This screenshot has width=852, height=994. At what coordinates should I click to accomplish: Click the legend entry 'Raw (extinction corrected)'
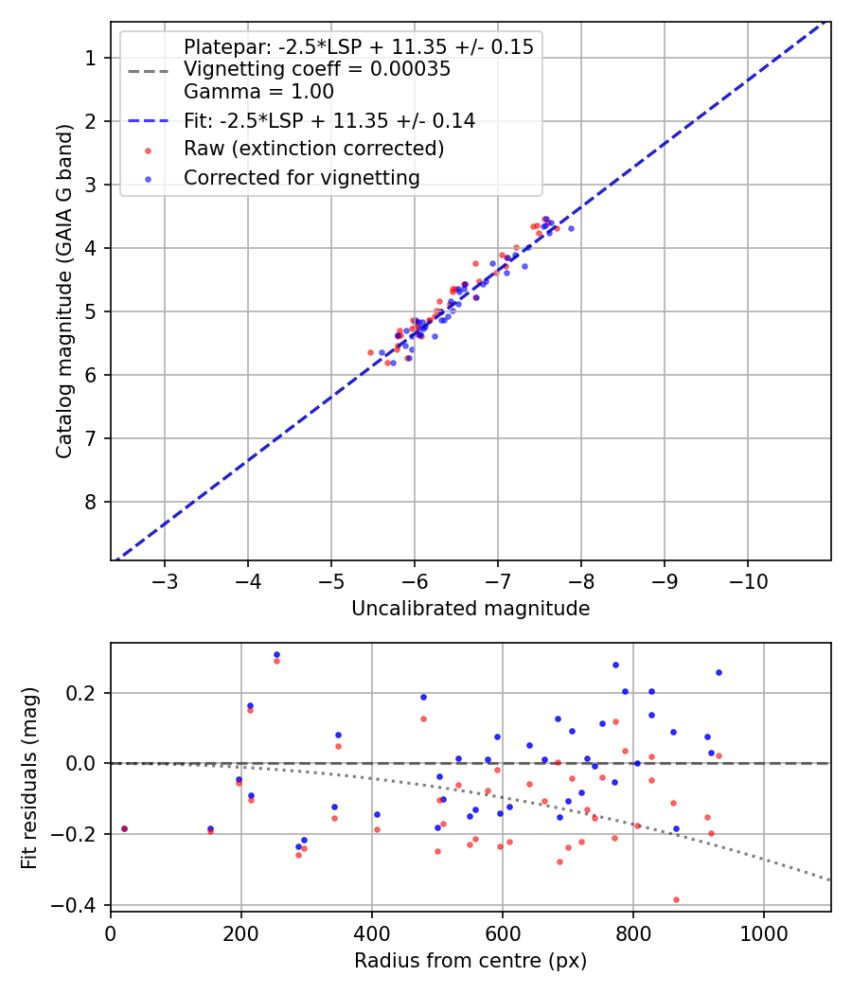[x=313, y=149]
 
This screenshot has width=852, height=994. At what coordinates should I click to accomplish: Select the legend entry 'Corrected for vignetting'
[x=301, y=177]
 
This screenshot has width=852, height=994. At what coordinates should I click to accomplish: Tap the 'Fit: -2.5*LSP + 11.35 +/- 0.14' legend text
[x=328, y=120]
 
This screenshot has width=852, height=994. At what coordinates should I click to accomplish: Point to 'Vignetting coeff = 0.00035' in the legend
[x=316, y=69]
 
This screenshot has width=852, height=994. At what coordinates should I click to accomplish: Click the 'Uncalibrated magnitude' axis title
[x=470, y=609]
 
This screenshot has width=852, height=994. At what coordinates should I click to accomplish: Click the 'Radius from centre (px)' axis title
[x=470, y=961]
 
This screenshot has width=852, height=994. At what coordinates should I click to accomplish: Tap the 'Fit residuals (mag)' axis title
[x=28, y=777]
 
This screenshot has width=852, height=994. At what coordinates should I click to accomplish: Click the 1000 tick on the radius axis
[x=764, y=932]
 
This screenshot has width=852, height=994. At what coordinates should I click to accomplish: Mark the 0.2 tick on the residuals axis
[x=87, y=693]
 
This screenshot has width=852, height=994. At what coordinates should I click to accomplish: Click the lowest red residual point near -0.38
[x=676, y=899]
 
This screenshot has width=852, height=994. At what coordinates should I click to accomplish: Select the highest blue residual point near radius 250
[x=276, y=654]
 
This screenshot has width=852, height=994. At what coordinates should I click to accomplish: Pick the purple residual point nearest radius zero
[x=124, y=828]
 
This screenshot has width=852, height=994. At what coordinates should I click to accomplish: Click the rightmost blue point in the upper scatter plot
[x=571, y=228]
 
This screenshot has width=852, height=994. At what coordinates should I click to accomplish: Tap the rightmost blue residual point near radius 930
[x=719, y=672]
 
